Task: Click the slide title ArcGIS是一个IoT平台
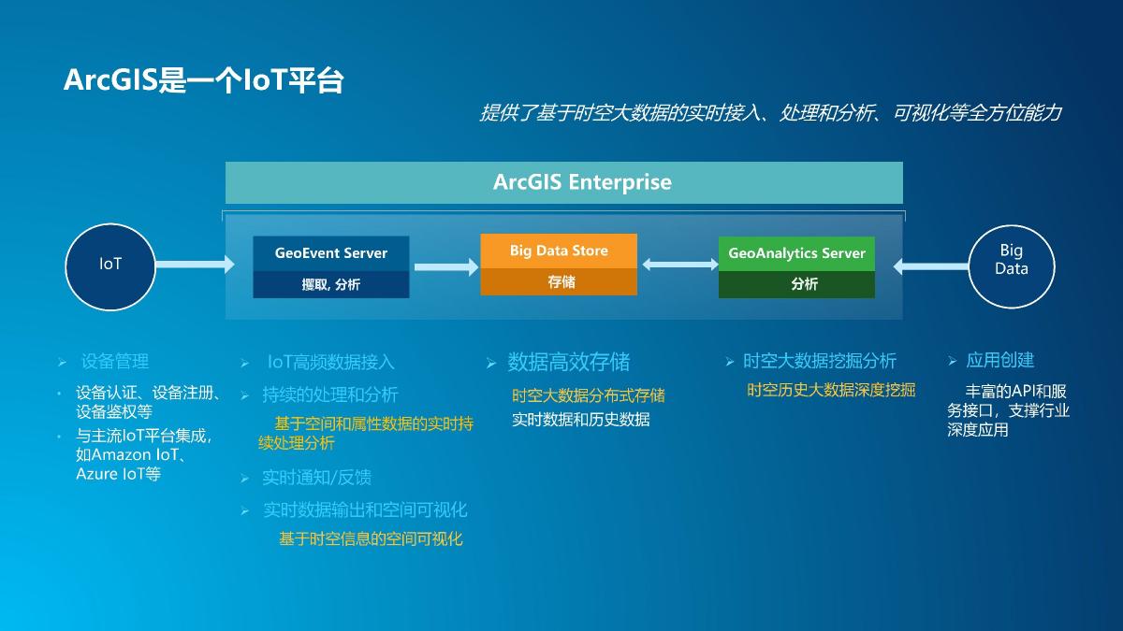(204, 80)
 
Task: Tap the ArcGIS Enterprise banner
(564, 182)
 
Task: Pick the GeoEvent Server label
(331, 253)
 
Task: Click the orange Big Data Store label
(559, 251)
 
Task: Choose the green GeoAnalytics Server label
(796, 253)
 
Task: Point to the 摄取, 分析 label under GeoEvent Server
(331, 285)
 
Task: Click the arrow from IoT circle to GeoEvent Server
(195, 264)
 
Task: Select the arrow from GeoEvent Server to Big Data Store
(446, 267)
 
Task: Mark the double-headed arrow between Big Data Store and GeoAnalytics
(680, 265)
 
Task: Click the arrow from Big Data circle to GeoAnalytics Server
(931, 265)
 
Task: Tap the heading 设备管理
(115, 361)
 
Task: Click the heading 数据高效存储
(569, 362)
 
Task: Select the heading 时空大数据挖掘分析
(819, 361)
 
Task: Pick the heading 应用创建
(999, 360)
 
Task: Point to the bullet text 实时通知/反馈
(316, 478)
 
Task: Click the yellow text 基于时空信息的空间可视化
(371, 538)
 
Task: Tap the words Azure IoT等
(118, 474)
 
